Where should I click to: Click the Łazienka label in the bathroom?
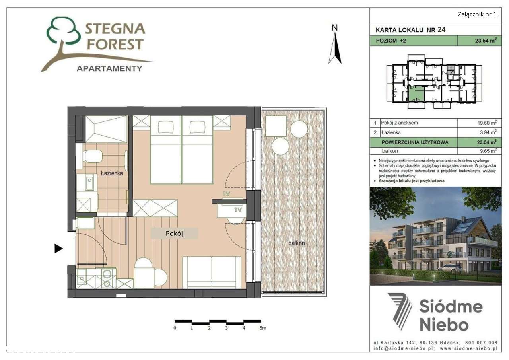point(112,173)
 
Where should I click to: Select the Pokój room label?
point(174,234)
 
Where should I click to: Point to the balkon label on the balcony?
point(297,243)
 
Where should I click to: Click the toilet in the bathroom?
point(91,156)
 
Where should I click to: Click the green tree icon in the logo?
point(64,32)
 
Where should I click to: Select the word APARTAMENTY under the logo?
point(109,68)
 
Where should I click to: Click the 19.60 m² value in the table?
point(486,123)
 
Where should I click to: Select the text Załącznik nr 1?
point(478,14)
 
